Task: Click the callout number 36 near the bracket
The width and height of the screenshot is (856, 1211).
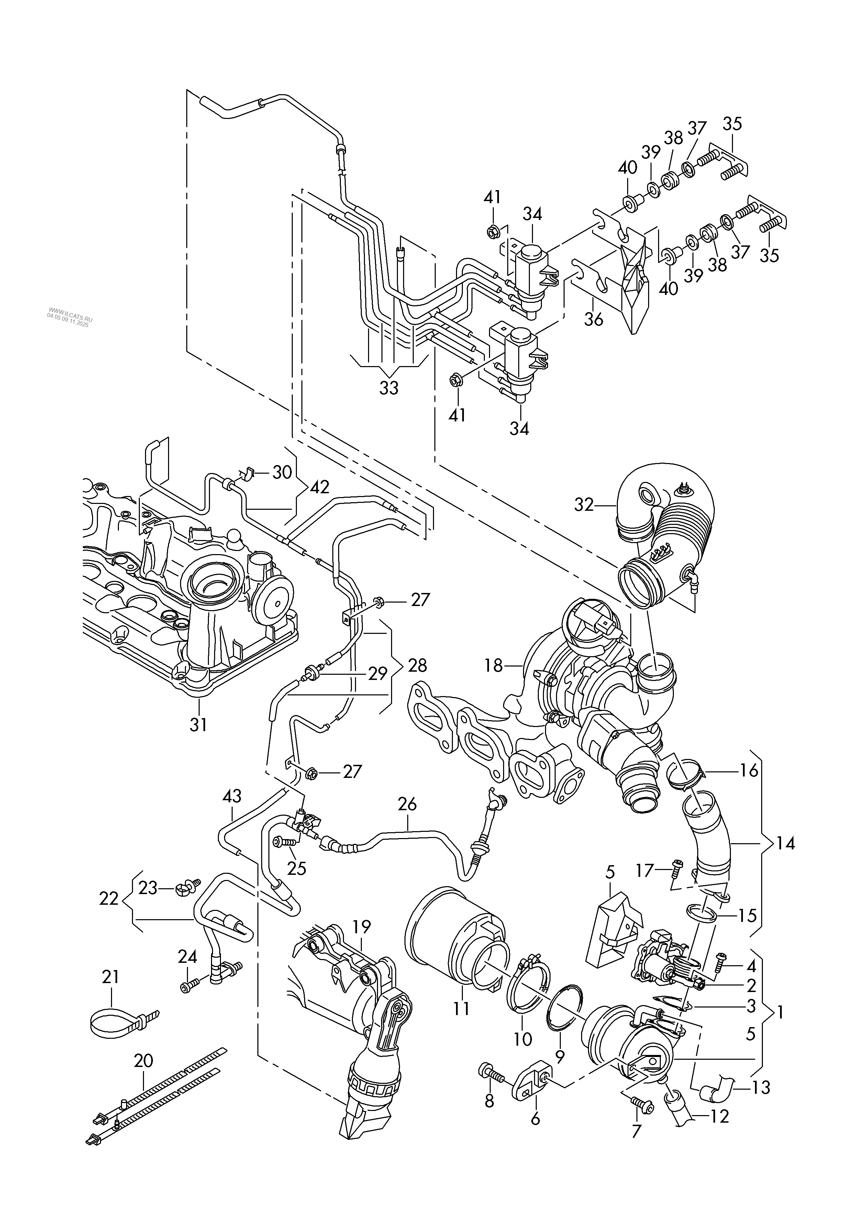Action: click(594, 320)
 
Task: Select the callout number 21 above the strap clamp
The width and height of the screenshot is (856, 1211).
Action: click(111, 977)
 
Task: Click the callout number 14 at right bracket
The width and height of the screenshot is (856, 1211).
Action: click(785, 844)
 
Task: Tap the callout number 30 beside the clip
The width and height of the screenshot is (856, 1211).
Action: click(282, 472)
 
